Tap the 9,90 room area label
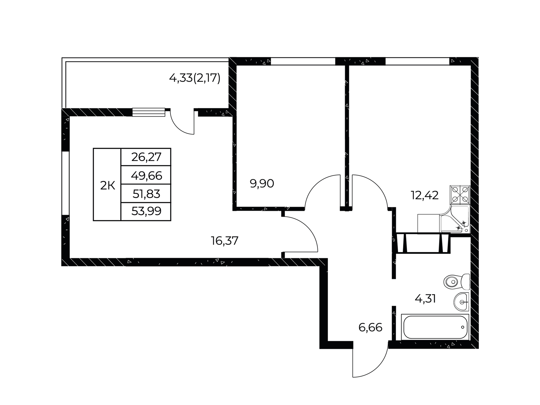[262, 184]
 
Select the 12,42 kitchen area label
[425, 195]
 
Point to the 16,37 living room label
[225, 241]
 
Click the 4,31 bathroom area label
[425, 299]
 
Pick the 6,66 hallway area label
[370, 327]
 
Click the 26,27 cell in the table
[146, 157]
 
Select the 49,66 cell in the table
[146, 176]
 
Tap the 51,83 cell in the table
[146, 194]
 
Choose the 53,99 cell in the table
[146, 211]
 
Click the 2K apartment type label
[107, 186]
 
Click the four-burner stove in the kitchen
[460, 195]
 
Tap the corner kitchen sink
[455, 219]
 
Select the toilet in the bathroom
[457, 281]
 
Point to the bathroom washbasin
[462, 302]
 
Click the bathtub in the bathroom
[435, 327]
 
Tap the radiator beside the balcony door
[148, 112]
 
